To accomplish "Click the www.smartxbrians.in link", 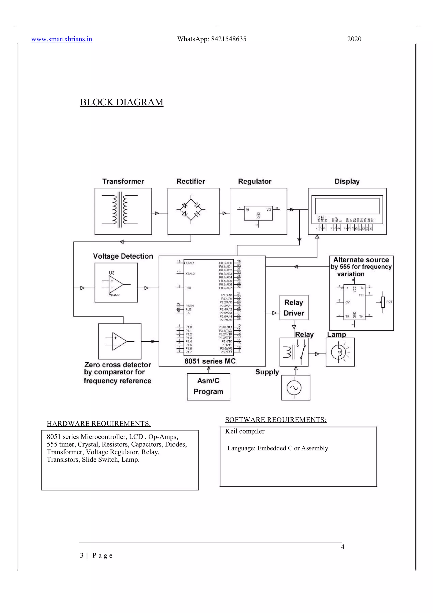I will click(62, 39).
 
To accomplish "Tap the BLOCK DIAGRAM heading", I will click(122, 102).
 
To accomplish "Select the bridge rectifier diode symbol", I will click(191, 210).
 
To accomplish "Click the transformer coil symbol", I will click(120, 210).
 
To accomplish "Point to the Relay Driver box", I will click(294, 308).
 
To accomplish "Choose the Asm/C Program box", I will click(208, 386).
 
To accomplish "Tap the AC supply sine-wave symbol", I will click(294, 388).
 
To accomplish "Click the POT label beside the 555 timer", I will click(389, 302).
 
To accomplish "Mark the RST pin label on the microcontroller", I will click(189, 288).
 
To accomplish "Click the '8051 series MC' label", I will click(210, 361).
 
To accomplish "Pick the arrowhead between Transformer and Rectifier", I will click(157, 213).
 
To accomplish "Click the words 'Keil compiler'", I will click(245, 431).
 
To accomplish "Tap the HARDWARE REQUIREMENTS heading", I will click(99, 424).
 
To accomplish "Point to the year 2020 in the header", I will click(354, 39).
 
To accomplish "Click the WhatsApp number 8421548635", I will click(229, 39).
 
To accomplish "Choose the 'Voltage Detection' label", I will click(123, 256).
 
